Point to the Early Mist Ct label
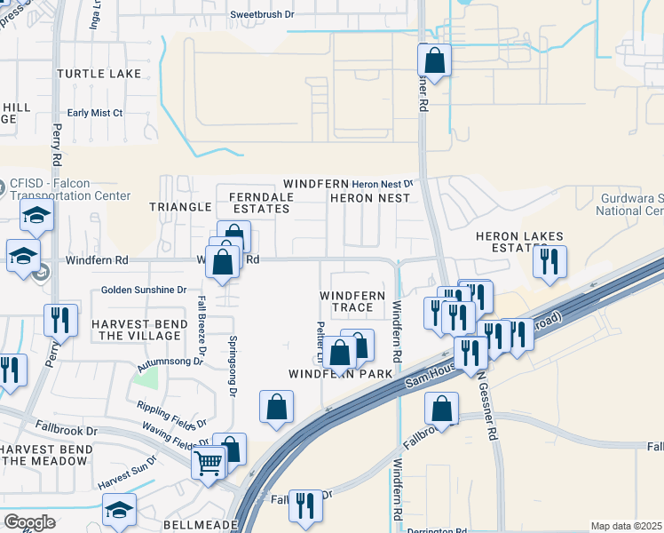pos(95,113)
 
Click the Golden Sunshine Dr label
pos(144,290)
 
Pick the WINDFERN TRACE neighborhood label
pos(352,301)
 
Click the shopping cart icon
pos(209,462)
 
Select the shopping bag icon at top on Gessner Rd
pos(434,61)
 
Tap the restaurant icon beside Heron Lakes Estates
pos(549,261)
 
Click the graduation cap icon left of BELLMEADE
pos(119,510)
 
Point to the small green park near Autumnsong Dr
pos(146,378)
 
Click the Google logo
pos(29,521)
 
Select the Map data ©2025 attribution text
pos(626,526)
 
